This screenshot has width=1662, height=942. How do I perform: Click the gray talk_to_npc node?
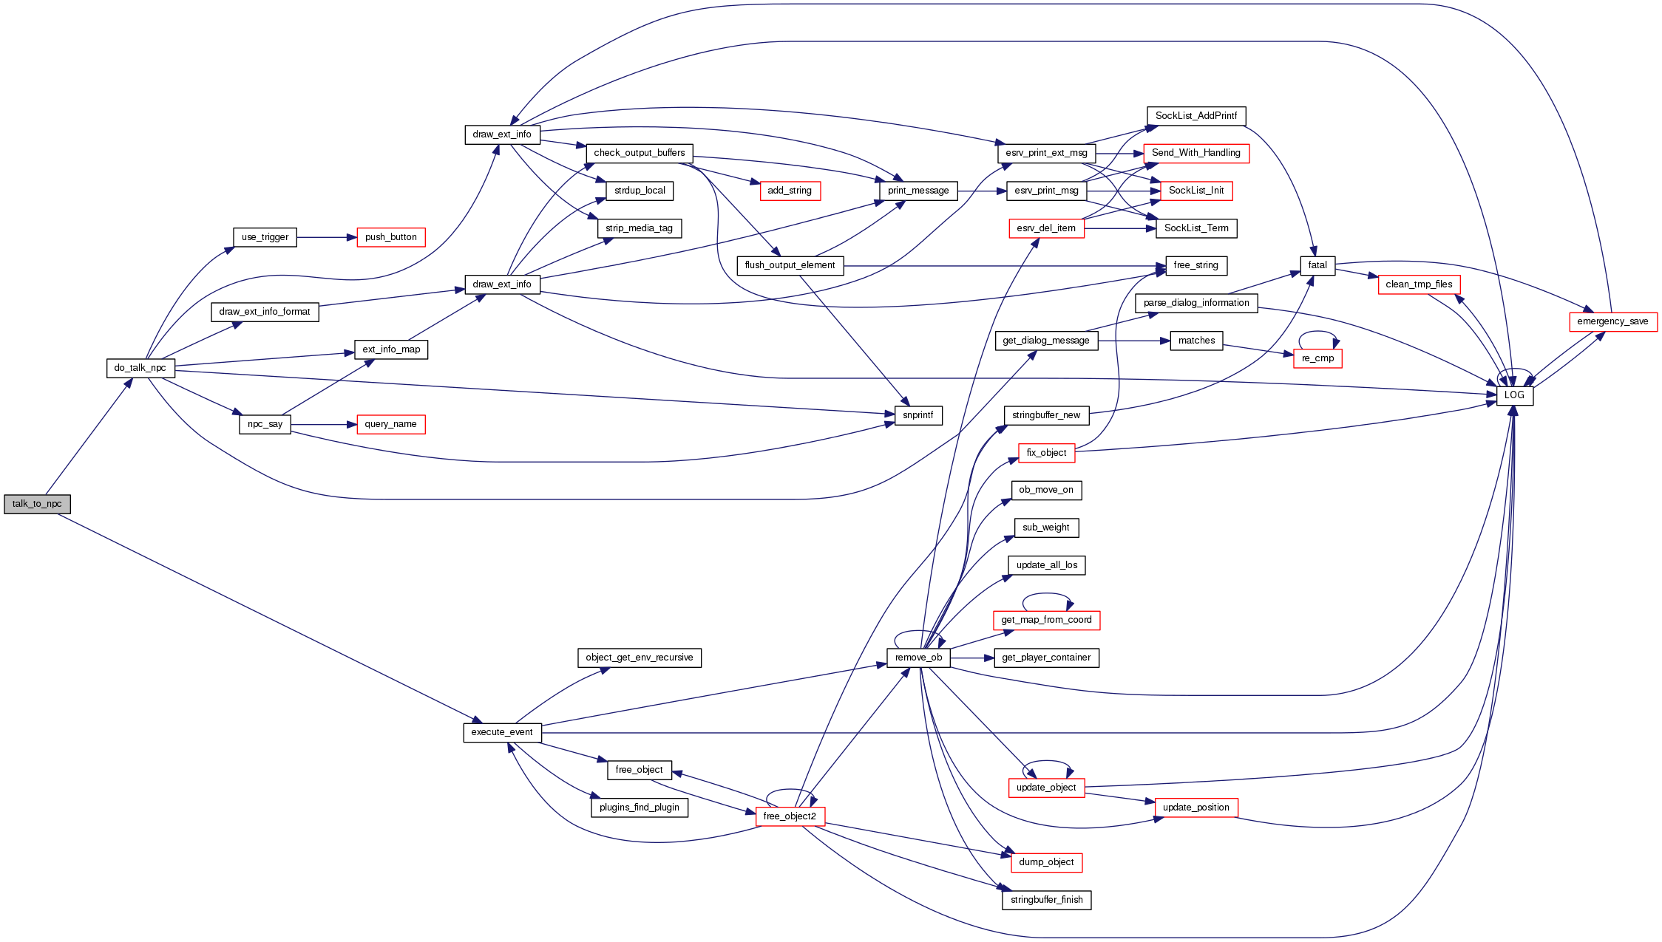point(37,504)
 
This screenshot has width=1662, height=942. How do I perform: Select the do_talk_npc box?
point(140,368)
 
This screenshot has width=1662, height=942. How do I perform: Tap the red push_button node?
point(390,237)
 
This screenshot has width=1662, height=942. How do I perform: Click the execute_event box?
point(502,732)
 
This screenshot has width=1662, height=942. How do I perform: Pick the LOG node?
point(1514,395)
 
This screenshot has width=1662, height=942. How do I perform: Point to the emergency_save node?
point(1612,321)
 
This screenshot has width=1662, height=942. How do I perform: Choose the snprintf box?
point(918,415)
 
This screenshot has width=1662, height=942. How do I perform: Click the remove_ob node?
point(918,658)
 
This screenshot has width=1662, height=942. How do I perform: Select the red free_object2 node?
point(790,816)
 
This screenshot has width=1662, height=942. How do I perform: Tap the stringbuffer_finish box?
point(1046,900)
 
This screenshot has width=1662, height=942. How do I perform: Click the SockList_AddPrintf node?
point(1195,116)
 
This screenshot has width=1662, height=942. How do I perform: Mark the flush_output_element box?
point(790,265)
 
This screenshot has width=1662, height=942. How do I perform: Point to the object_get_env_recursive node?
point(639,658)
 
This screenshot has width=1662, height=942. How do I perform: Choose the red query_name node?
point(390,424)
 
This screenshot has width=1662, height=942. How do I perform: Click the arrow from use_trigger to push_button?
point(326,237)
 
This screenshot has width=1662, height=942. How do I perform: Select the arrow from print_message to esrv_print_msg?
point(982,191)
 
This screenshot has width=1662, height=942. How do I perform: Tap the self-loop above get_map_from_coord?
point(1046,595)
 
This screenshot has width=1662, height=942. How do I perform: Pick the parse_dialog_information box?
point(1195,303)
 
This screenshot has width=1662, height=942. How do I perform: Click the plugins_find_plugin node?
point(639,808)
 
